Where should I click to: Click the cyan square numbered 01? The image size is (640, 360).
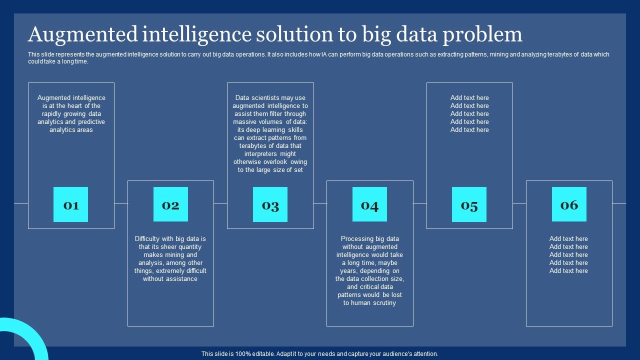(x=70, y=204)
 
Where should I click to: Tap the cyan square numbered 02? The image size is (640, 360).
(x=170, y=204)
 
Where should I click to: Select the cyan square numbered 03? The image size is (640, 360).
(x=270, y=204)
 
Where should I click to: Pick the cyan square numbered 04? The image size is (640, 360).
(x=369, y=204)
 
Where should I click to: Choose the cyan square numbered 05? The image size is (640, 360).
(x=469, y=204)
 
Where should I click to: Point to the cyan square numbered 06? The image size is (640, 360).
(x=569, y=204)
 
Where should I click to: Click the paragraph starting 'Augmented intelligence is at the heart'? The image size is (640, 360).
(x=71, y=114)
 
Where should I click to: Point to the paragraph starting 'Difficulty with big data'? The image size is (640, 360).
(x=170, y=259)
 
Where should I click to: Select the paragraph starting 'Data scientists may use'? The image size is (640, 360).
(x=270, y=134)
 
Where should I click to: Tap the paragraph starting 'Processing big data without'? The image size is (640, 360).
(x=369, y=271)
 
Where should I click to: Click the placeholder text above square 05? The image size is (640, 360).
(x=469, y=114)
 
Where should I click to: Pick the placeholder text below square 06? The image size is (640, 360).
(x=568, y=255)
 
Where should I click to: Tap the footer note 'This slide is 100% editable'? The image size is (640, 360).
(x=320, y=354)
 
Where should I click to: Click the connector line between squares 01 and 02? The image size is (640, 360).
(x=121, y=204)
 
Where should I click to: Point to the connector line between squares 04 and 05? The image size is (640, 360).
(x=420, y=204)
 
